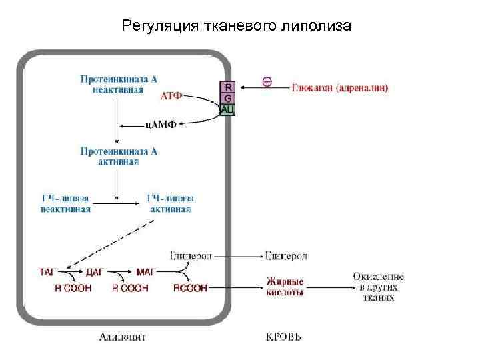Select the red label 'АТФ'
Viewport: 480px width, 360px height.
(171, 95)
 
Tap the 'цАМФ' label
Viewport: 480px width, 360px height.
(161, 124)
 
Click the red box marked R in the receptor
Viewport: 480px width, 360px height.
(228, 86)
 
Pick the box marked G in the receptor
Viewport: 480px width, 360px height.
(228, 98)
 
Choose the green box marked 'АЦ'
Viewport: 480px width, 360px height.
(228, 109)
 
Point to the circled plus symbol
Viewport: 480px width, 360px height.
(267, 82)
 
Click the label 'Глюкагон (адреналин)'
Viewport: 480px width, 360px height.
(341, 87)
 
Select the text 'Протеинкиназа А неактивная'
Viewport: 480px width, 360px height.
(119, 84)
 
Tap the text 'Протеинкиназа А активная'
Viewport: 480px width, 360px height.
(119, 156)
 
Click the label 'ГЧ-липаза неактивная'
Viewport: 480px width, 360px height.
(66, 204)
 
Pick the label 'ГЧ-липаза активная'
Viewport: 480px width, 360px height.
(170, 204)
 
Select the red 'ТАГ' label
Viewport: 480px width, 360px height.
(48, 273)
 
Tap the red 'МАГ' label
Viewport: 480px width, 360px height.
(145, 273)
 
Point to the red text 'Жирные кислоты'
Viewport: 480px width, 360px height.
(285, 287)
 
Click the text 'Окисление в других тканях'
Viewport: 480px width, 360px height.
(379, 287)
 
